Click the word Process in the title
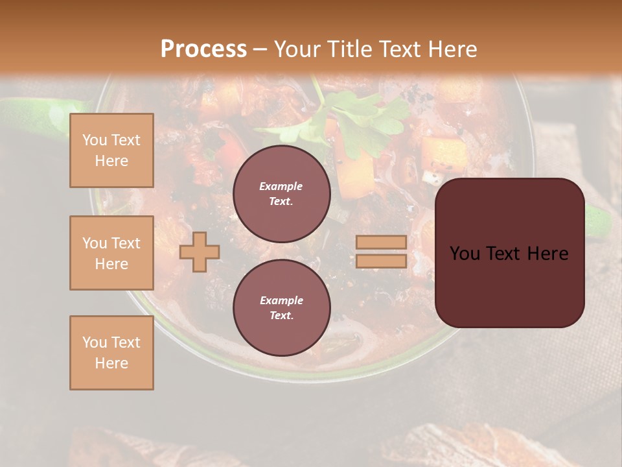point(203,49)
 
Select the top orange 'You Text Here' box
point(111,150)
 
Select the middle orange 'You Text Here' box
point(111,253)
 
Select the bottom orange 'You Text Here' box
point(111,353)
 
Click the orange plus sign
point(199,252)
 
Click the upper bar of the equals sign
point(381,243)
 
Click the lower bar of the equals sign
point(381,261)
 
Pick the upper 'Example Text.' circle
point(281,194)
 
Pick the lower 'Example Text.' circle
point(281,307)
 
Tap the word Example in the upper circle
point(281,186)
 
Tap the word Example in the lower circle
point(281,300)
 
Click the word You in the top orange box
point(95,140)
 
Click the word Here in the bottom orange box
point(111,363)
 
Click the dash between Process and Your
point(260,49)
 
